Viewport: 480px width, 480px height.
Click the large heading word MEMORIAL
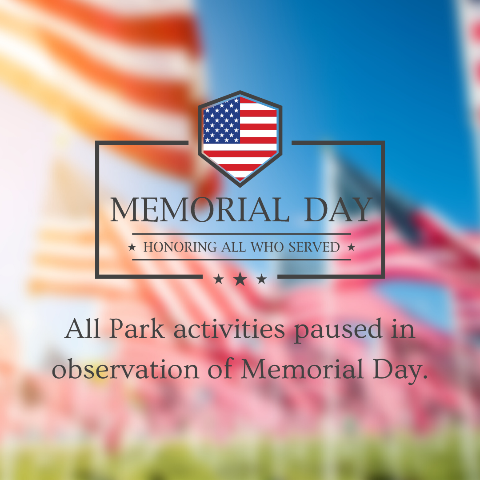click(200, 209)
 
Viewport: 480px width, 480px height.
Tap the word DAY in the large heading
click(338, 209)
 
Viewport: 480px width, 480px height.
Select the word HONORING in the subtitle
click(180, 247)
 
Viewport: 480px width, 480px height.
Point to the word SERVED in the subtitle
click(314, 247)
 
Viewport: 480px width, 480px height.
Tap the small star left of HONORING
click(132, 247)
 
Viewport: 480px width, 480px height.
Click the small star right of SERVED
click(351, 247)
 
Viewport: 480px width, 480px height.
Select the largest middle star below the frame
click(240, 279)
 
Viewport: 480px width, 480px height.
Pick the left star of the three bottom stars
click(219, 279)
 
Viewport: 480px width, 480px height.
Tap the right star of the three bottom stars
click(261, 279)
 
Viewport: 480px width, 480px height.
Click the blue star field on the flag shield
click(221, 120)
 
